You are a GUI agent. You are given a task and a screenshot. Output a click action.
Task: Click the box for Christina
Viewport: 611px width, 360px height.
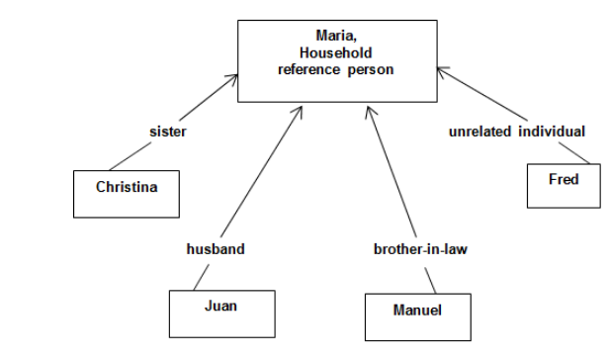tap(126, 192)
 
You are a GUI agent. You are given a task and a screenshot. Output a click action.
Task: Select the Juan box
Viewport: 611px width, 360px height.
tap(219, 313)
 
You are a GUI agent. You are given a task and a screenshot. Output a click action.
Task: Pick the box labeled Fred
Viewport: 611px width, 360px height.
tap(563, 185)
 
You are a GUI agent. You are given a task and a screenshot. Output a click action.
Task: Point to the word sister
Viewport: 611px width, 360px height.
tap(168, 131)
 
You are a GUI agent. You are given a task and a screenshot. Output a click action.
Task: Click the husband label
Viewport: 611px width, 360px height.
tap(216, 249)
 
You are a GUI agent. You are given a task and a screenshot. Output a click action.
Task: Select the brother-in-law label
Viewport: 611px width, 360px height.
tap(420, 249)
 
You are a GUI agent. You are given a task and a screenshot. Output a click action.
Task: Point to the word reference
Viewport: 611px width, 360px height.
tap(308, 69)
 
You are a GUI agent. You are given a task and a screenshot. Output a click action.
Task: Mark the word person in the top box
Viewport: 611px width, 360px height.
tap(373, 69)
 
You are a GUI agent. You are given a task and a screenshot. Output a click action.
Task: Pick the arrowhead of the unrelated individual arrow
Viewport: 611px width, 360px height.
tap(440, 70)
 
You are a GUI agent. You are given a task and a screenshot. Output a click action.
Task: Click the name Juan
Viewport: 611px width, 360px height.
tap(219, 306)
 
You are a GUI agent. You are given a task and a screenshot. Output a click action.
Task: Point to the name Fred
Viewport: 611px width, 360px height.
tap(563, 180)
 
